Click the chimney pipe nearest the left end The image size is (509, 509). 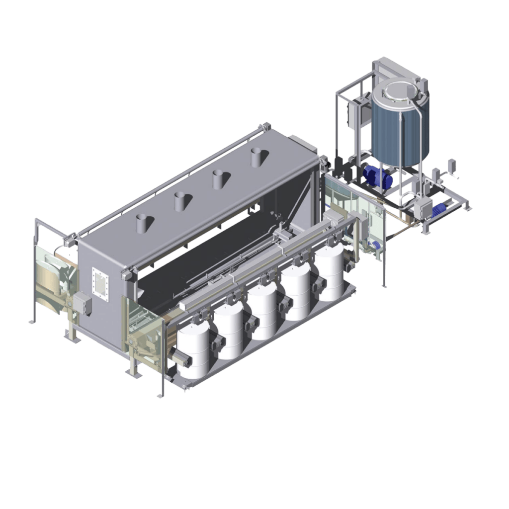click(x=143, y=223)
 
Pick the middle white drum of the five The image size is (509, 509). click(x=262, y=311)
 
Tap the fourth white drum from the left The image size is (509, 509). click(x=297, y=293)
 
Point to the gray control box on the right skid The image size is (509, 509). click(x=423, y=209)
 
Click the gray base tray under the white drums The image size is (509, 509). click(x=278, y=343)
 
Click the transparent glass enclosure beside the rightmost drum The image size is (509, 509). click(x=368, y=219)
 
